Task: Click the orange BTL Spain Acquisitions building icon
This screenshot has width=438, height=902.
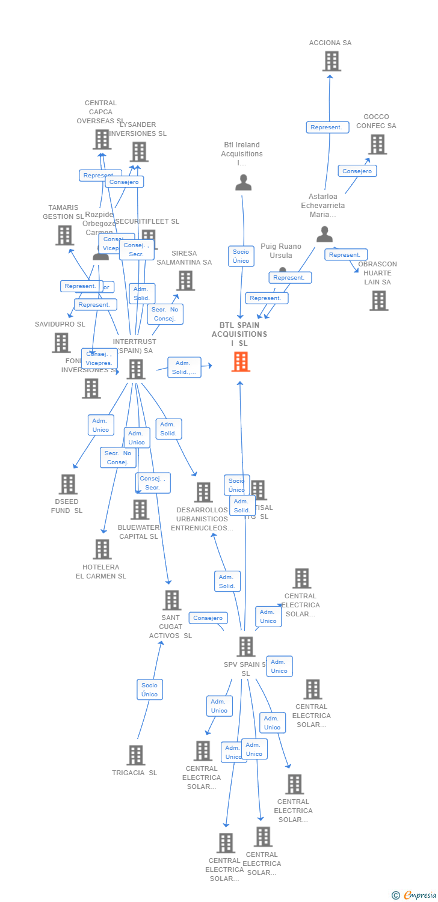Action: (x=241, y=362)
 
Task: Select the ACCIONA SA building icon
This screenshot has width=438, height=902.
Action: (x=332, y=61)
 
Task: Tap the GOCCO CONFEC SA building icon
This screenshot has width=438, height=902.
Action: (x=377, y=144)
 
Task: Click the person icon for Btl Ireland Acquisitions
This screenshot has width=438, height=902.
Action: (x=243, y=182)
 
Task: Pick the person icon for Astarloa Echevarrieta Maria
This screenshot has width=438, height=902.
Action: (x=325, y=234)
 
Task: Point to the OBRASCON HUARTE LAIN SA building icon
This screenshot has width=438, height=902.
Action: (x=378, y=301)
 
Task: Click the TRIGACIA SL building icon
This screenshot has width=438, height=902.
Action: (x=136, y=755)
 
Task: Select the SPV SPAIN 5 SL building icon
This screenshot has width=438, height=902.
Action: (x=246, y=647)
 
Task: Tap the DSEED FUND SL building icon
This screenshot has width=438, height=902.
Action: (x=68, y=484)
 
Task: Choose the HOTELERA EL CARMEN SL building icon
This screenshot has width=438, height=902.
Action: (x=102, y=549)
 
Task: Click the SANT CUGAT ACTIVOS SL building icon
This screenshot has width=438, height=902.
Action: (x=172, y=600)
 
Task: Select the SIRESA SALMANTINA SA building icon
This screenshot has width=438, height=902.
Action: (x=185, y=280)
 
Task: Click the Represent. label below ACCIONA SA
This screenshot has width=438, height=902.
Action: (x=327, y=127)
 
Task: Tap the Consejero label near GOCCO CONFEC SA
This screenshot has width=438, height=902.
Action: (x=357, y=171)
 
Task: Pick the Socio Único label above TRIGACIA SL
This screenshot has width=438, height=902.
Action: (x=149, y=690)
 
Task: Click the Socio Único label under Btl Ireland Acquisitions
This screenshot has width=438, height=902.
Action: (x=241, y=256)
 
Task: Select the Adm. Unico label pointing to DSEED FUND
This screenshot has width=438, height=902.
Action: (x=100, y=425)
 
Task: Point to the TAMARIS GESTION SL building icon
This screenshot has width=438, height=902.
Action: (x=64, y=235)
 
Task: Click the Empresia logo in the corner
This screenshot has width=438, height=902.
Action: (x=415, y=895)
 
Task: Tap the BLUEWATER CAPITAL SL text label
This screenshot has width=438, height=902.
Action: (x=138, y=532)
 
